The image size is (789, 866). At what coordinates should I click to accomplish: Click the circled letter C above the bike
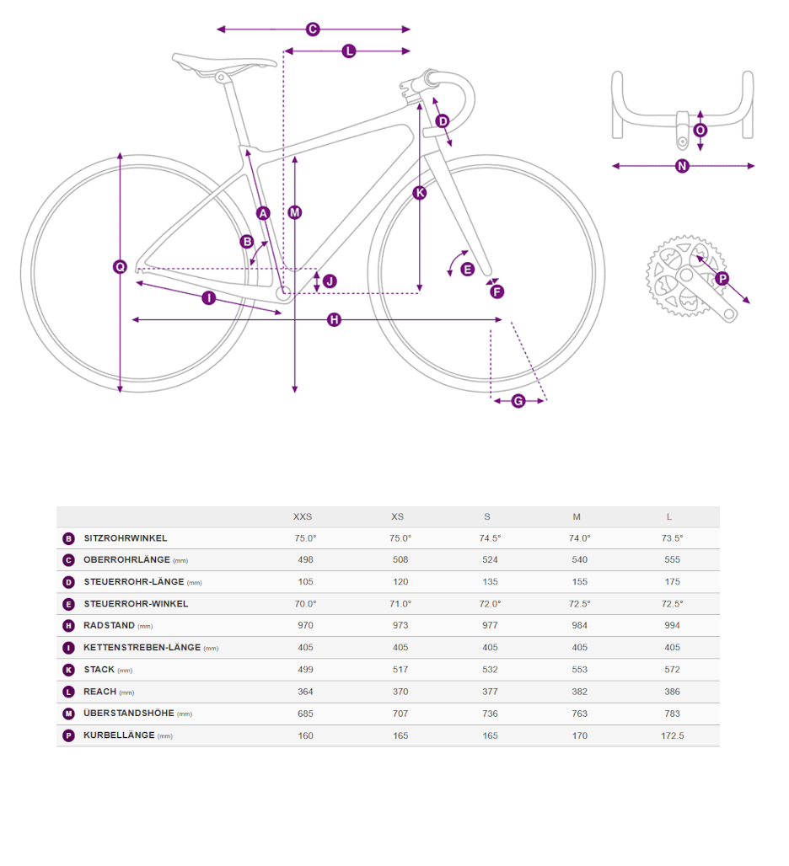[313, 29]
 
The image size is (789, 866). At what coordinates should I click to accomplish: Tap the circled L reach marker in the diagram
[349, 51]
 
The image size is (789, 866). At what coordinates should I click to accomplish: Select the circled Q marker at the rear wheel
[120, 267]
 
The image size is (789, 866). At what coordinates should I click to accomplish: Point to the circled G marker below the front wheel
[518, 401]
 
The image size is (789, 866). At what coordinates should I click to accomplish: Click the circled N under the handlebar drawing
[682, 166]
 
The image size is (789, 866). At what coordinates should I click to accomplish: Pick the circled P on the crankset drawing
[722, 278]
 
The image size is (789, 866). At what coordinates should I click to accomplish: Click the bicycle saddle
[223, 62]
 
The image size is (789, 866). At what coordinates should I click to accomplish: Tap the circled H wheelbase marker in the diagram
[335, 320]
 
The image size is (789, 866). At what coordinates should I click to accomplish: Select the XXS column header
[303, 517]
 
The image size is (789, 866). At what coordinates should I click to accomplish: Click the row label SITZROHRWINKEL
[126, 538]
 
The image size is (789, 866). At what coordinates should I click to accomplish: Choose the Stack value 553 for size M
[580, 670]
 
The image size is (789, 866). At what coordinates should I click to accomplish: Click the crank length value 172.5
[673, 736]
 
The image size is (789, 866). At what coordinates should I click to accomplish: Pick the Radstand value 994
[673, 626]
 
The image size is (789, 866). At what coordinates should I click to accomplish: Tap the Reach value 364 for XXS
[305, 692]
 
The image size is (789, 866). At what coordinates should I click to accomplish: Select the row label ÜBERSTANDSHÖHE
[129, 714]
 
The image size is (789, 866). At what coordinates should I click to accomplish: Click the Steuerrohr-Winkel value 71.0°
[400, 604]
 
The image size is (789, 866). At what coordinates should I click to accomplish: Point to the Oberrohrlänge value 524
[490, 560]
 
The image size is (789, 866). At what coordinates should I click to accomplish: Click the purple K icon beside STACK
[68, 671]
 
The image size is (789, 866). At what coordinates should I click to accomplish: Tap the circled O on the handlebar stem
[700, 131]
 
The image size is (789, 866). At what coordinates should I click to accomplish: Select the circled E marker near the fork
[468, 270]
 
